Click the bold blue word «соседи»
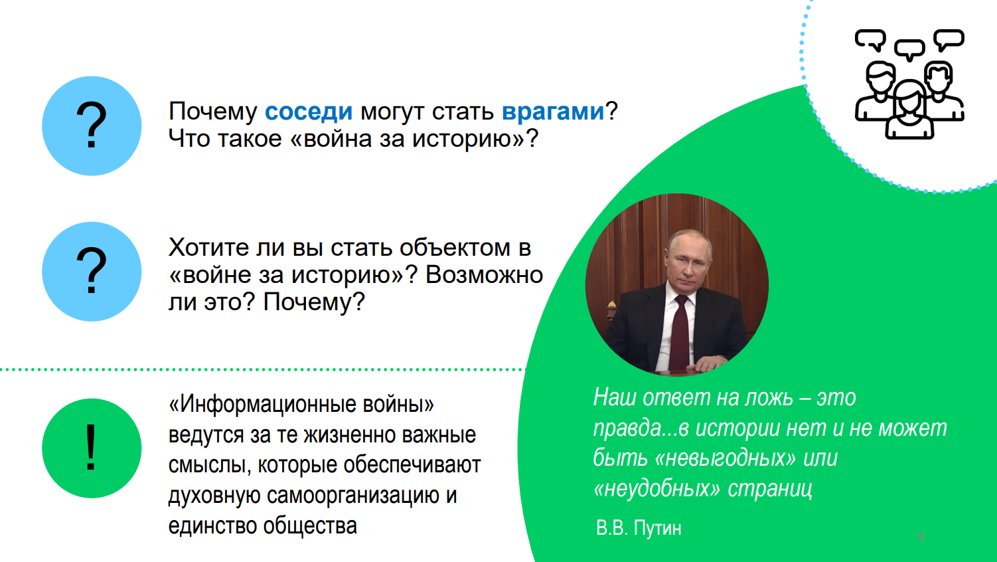(309, 112)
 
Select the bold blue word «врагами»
(553, 112)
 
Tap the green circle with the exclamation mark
(92, 448)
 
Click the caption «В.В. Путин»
(639, 528)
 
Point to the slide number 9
(921, 537)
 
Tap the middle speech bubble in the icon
(910, 49)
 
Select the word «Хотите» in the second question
(208, 248)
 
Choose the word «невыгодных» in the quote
(725, 458)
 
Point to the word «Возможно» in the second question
(485, 275)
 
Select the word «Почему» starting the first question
(213, 112)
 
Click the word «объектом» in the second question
(455, 248)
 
